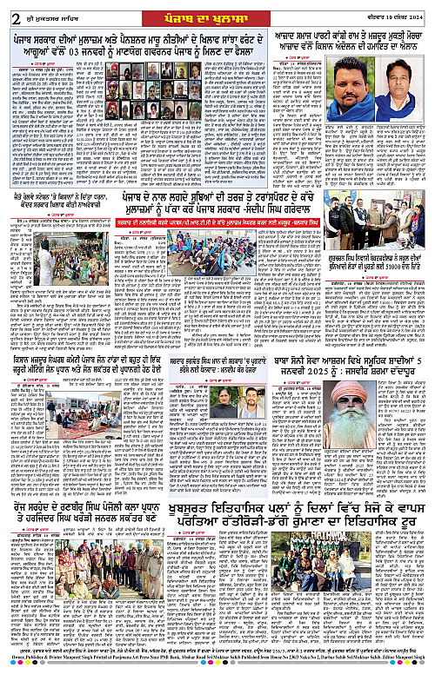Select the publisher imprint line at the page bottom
tap(217, 685)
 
